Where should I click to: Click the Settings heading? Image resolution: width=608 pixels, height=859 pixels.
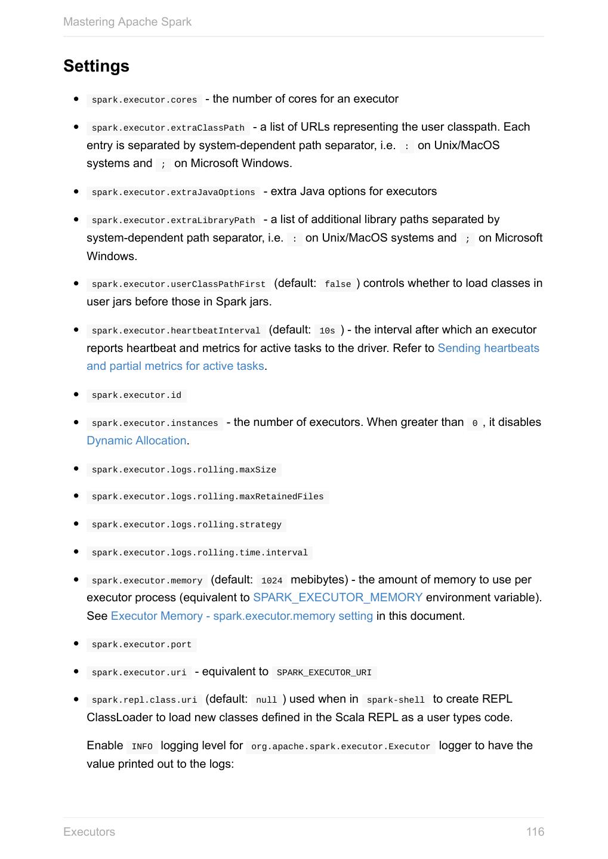point(96,66)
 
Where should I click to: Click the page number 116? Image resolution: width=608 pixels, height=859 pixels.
point(535,832)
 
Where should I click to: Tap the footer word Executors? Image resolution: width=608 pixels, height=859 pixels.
point(89,832)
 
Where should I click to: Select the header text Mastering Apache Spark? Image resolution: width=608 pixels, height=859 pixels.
point(127,22)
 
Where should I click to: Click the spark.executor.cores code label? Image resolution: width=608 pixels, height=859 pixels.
point(144,100)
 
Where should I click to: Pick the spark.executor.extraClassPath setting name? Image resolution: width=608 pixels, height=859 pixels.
point(168,128)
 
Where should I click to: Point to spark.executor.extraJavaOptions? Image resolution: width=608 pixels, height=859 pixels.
point(173,193)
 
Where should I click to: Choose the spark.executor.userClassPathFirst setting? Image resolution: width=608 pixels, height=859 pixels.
point(178,285)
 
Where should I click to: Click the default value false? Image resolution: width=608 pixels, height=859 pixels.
point(338,285)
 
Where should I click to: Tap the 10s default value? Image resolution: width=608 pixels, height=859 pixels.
point(327,331)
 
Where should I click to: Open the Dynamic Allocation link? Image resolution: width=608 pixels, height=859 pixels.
point(137,441)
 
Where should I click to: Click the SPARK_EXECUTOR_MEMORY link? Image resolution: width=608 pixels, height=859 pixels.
point(338,598)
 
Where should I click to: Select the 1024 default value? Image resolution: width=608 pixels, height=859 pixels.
point(271,581)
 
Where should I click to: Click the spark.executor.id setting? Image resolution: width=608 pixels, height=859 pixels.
point(137,395)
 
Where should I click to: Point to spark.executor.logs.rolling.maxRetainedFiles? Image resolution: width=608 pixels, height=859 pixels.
point(208,497)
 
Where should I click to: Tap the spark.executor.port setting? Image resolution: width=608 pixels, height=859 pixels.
point(141,645)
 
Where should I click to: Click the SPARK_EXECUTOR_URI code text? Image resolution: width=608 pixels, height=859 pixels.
point(324,673)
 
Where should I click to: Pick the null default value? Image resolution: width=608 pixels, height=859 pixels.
point(266,700)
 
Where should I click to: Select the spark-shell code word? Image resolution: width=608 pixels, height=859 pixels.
point(396,700)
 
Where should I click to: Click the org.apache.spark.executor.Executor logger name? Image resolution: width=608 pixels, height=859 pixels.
point(341,747)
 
